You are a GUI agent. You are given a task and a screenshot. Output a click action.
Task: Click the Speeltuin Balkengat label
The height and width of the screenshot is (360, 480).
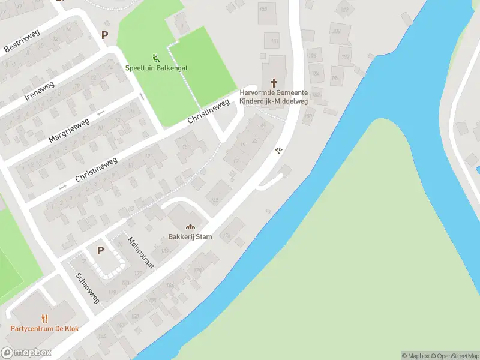tap(156, 68)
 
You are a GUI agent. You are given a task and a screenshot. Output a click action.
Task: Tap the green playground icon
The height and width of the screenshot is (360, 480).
tap(156, 58)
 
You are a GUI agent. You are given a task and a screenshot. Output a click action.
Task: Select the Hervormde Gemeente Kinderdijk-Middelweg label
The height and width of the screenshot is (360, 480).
tap(274, 97)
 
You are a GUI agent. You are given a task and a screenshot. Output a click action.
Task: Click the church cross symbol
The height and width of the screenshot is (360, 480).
tap(274, 82)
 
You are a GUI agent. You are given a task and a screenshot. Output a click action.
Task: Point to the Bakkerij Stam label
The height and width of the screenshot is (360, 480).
tap(191, 236)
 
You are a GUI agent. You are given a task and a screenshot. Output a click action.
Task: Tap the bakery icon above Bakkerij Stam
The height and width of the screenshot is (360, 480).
tap(191, 226)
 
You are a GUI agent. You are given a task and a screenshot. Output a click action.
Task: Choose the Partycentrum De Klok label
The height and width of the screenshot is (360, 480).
tap(44, 329)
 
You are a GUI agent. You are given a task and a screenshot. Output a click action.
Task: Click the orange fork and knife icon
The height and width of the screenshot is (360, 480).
tap(44, 318)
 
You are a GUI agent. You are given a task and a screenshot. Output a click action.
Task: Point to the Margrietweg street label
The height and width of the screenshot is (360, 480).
tap(70, 130)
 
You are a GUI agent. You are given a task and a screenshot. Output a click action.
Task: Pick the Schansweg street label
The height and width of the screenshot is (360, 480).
tap(87, 288)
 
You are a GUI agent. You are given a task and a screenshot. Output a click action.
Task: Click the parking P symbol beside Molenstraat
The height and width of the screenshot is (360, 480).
tap(100, 250)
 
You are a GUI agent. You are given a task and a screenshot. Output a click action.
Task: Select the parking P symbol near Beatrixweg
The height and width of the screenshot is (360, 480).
tap(105, 35)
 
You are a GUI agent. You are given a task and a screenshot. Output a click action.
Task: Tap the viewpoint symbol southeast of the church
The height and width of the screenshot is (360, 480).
tap(278, 150)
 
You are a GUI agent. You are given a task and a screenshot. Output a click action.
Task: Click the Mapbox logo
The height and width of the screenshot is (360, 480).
tap(26, 353)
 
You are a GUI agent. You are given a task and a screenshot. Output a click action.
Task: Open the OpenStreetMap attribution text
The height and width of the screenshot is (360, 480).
tap(454, 356)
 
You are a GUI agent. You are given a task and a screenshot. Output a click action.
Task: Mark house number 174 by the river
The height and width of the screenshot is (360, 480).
tap(226, 236)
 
